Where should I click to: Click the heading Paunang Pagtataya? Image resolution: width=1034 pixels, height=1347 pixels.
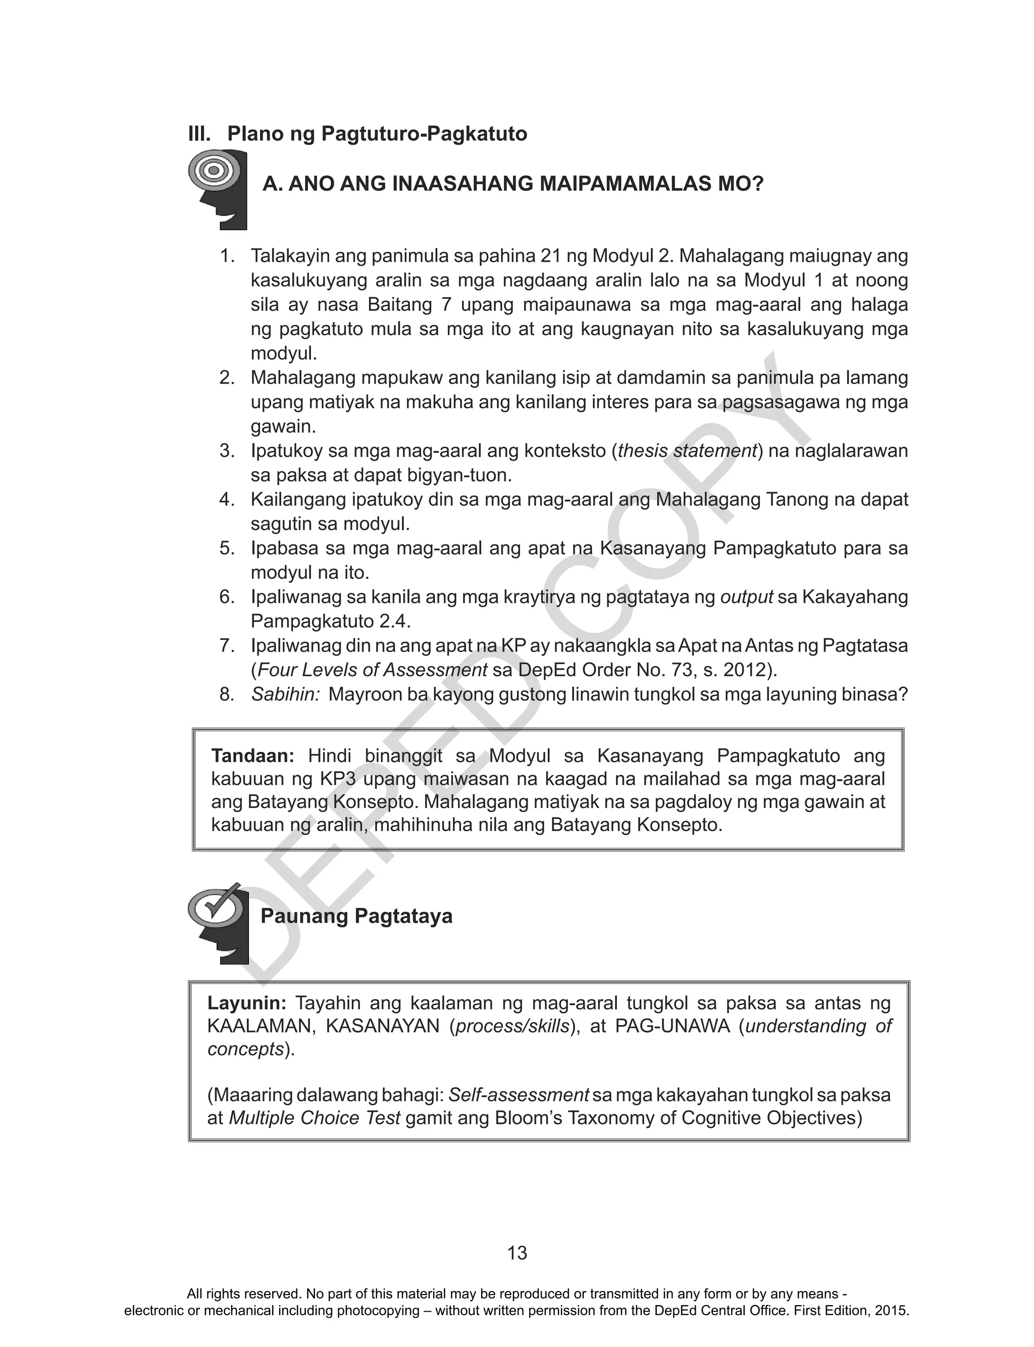pyautogui.click(x=356, y=916)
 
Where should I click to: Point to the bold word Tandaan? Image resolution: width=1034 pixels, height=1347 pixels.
pyautogui.click(x=252, y=756)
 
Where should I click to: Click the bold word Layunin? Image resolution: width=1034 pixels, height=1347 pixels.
pyautogui.click(x=247, y=1003)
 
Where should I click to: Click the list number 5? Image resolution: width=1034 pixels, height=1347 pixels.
pyautogui.click(x=227, y=548)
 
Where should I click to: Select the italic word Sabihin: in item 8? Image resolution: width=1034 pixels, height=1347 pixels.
pyautogui.click(x=285, y=694)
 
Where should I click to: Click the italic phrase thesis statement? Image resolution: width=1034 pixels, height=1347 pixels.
pyautogui.click(x=687, y=451)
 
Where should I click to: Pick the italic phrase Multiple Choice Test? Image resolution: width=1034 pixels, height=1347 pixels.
pyautogui.click(x=315, y=1117)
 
